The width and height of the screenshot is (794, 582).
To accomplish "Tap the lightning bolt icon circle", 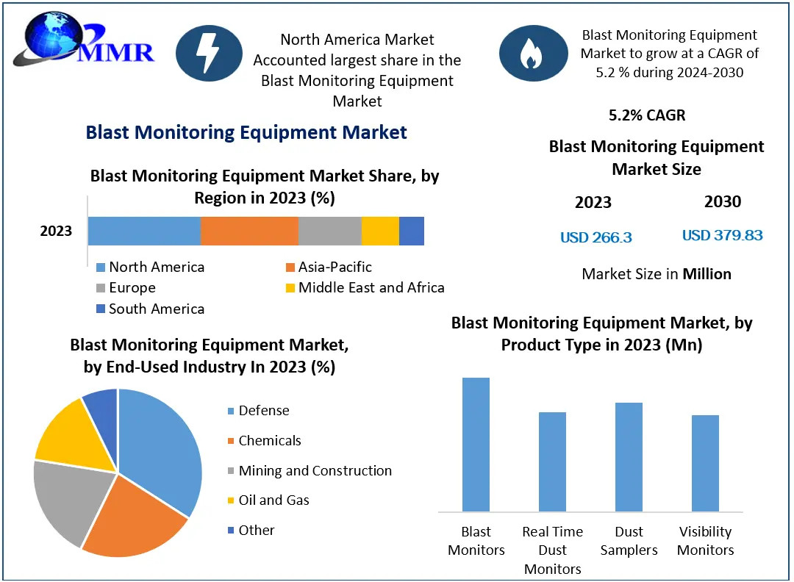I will coord(209,54).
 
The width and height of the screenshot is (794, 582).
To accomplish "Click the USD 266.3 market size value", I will coord(595,237).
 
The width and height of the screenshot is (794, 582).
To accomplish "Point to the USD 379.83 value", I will coord(722,235).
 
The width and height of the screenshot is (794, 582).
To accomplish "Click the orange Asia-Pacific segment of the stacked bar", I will coord(249,231).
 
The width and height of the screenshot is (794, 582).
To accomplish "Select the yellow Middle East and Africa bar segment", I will coord(380,231).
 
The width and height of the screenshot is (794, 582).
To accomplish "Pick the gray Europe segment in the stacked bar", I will coord(330,231).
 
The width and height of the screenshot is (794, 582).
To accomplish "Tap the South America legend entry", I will coord(150,309).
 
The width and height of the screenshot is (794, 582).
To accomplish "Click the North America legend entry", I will coord(150,267).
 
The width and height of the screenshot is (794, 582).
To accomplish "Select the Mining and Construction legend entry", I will coord(309,471).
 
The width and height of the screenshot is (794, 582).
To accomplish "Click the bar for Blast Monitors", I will coord(476,444).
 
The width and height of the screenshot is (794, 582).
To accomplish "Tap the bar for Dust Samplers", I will coord(629,456).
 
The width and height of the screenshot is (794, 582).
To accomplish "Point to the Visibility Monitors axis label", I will coord(705,541).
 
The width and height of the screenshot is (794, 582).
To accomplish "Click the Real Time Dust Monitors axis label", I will coord(552,550).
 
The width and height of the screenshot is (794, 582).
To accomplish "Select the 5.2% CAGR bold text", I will coord(647,115).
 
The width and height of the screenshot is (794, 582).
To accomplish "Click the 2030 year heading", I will coord(722,201).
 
